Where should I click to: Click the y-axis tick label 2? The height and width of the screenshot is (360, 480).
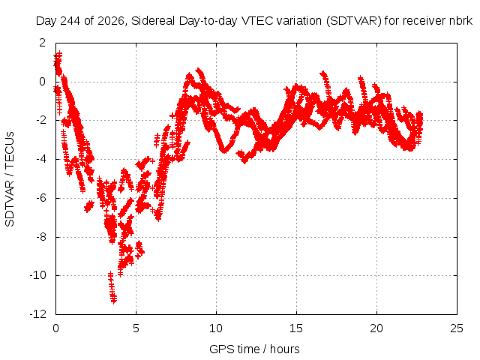click(42, 43)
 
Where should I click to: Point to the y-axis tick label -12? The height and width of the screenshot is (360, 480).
click(38, 314)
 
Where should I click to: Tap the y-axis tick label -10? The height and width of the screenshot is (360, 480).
click(38, 275)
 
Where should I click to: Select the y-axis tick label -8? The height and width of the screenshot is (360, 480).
click(40, 237)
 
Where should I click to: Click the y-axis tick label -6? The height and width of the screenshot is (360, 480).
click(40, 198)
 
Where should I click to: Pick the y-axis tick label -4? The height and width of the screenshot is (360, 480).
click(40, 159)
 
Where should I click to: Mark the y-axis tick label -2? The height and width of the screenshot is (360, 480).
click(40, 120)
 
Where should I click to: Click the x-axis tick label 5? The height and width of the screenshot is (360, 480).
click(136, 328)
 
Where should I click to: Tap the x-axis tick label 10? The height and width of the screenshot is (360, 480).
click(216, 328)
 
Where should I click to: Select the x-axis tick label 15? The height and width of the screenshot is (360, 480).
click(296, 328)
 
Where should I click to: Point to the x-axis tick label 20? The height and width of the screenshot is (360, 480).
click(376, 328)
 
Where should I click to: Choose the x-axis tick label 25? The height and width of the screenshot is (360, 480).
click(457, 328)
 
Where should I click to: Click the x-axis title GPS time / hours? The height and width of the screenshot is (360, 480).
click(254, 349)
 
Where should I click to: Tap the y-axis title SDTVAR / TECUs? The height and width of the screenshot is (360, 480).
click(10, 179)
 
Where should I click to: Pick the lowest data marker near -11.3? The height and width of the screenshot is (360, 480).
click(114, 301)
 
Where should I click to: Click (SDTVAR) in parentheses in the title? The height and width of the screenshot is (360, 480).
click(353, 21)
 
